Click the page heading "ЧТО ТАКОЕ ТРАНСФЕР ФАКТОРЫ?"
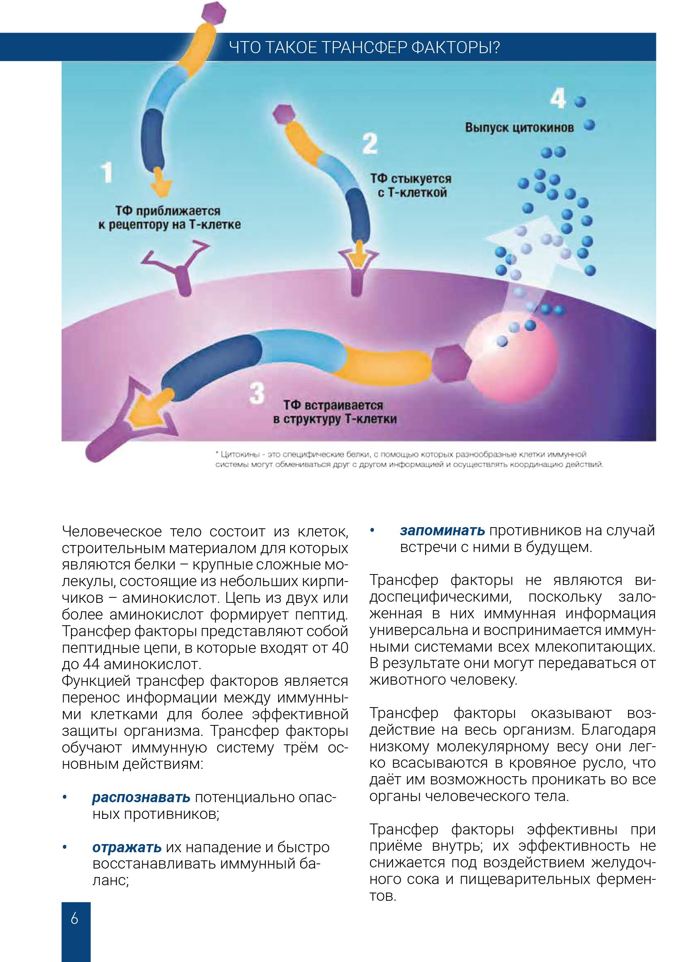(365, 48)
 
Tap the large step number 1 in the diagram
(107, 173)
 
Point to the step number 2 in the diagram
(370, 143)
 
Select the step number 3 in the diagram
(256, 393)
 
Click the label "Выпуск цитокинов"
(519, 127)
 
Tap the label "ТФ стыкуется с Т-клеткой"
(411, 186)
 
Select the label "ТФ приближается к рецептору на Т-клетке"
(169, 218)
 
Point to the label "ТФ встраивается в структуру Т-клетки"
(334, 412)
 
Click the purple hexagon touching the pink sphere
(451, 363)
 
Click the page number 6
(74, 919)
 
